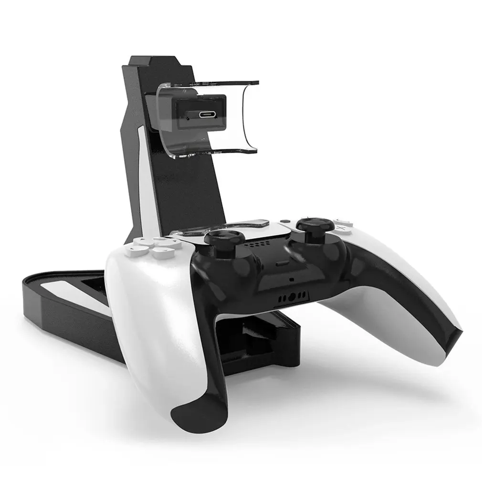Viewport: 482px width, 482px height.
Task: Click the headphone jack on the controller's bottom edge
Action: (x=292, y=297)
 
